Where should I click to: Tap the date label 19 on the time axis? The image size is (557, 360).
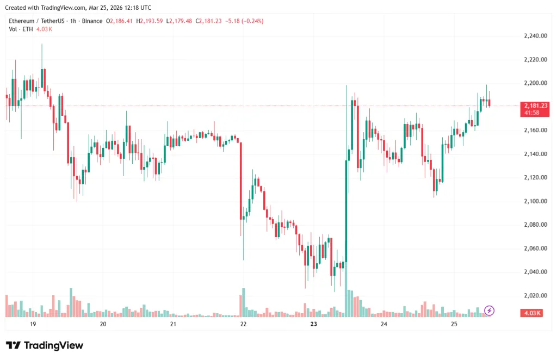(33, 324)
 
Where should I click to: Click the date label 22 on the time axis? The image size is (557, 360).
(243, 324)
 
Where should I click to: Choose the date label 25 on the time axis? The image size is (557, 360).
(454, 324)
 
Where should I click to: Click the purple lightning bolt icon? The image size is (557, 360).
(489, 311)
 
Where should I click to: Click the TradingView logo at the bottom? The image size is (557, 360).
(45, 345)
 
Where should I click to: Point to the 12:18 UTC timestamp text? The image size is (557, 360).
(138, 8)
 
